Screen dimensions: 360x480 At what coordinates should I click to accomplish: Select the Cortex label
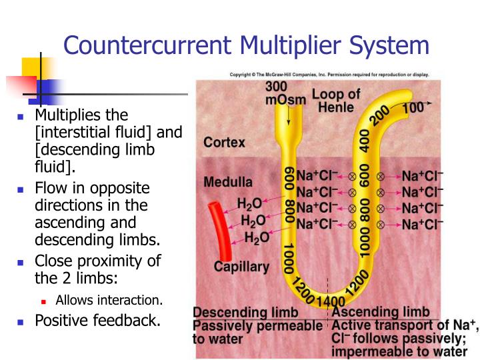click(224, 143)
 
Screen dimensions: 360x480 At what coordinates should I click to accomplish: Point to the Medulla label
click(227, 182)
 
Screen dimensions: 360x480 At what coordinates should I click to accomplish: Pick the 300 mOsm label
click(286, 93)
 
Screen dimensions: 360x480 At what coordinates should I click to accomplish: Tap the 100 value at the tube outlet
click(413, 106)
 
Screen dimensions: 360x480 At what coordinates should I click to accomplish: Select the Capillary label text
click(241, 267)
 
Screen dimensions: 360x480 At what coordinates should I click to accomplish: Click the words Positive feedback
click(97, 321)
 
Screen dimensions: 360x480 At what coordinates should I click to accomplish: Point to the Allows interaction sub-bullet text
click(109, 300)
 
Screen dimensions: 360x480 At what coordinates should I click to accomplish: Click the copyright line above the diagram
click(329, 75)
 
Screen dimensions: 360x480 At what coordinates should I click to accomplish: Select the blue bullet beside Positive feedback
click(20, 321)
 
